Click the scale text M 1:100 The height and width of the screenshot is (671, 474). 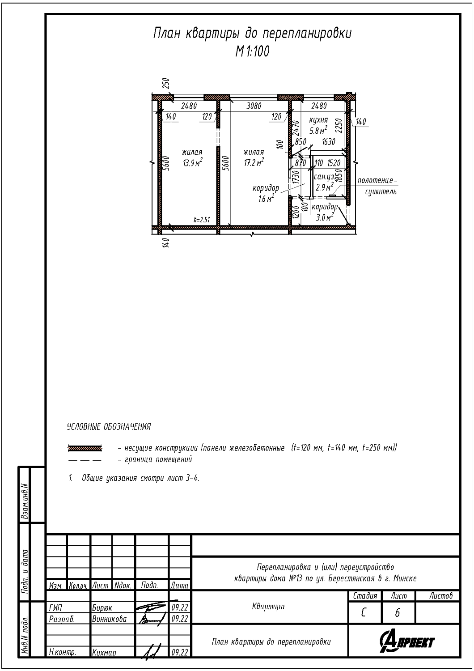252,51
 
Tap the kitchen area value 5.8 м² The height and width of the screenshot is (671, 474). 318,130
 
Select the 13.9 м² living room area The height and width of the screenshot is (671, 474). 192,162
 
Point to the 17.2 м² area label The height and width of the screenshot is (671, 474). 254,162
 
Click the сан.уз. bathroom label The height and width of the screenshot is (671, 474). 324,177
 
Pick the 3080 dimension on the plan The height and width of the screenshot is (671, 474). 254,106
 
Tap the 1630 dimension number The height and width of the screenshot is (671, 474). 329,141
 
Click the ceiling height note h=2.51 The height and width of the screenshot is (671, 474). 202,220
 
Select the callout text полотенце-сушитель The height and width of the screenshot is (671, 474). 377,186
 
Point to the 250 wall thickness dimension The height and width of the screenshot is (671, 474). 167,84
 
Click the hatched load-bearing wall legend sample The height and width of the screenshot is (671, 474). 85,448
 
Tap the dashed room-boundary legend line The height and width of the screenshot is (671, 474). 85,460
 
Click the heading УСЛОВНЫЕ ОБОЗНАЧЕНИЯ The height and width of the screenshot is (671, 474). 109,427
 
